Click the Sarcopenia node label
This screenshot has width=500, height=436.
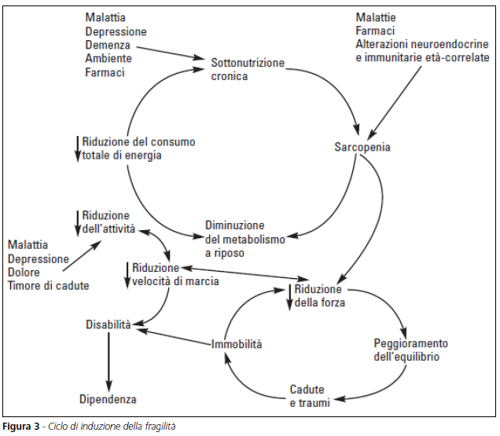[x=362, y=147]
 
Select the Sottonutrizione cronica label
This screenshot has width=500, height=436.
[x=248, y=69]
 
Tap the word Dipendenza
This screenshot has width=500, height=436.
[x=108, y=399]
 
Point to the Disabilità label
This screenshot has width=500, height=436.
[x=108, y=324]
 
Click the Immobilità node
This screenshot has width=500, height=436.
[x=237, y=344]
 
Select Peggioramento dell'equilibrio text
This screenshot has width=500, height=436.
[x=410, y=350]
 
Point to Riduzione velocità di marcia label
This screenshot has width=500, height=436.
[x=175, y=273]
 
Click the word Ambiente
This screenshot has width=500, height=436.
[x=108, y=59]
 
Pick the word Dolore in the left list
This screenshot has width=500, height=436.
[x=25, y=272]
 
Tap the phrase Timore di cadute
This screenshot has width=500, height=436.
[x=48, y=285]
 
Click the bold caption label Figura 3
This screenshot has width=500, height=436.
[x=21, y=427]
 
